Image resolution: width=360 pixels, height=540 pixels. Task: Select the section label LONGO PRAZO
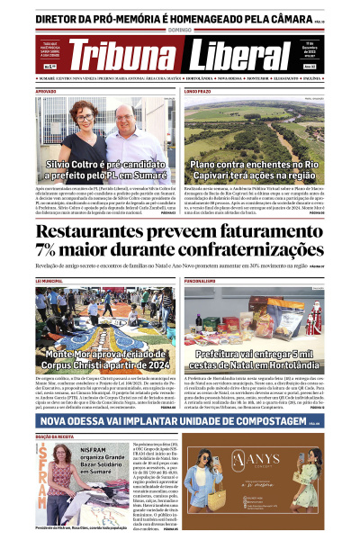pyautogui.click(x=198, y=92)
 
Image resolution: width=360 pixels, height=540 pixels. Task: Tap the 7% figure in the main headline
pyautogui.click(x=48, y=251)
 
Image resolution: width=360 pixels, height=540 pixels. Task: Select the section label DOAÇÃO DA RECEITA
pyautogui.click(x=54, y=436)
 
